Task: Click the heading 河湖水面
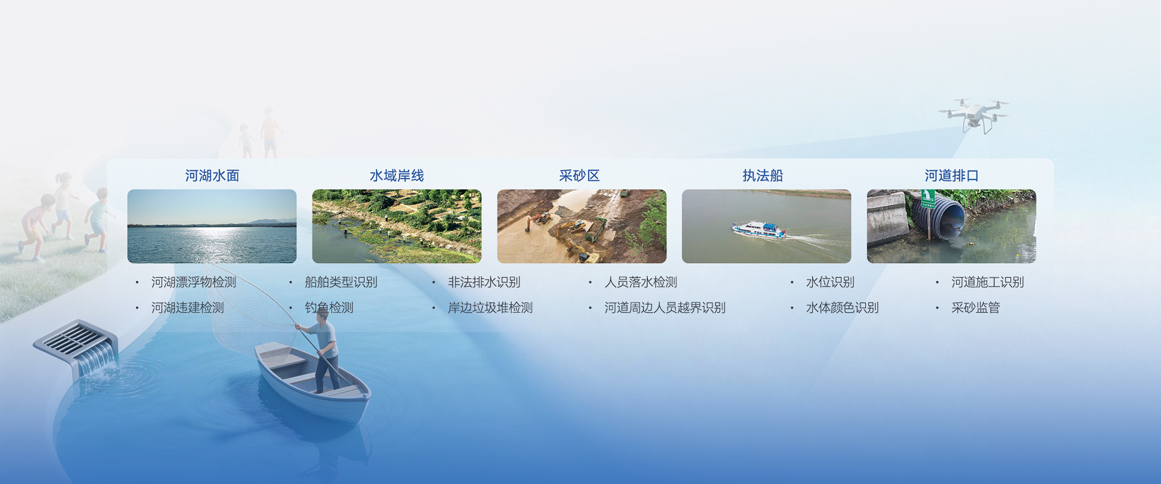tap(212, 175)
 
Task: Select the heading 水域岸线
tap(397, 175)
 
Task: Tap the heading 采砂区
tap(579, 175)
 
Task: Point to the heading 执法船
tap(763, 175)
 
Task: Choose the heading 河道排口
tap(951, 175)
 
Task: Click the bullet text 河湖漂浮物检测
tap(193, 282)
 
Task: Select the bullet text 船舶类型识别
tap(341, 282)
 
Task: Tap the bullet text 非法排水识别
tap(484, 282)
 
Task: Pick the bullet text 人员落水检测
tap(641, 282)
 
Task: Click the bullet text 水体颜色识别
tap(842, 307)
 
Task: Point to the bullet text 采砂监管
tap(975, 307)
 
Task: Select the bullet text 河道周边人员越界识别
tap(665, 307)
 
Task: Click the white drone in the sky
tap(973, 115)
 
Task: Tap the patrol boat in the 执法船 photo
tap(759, 229)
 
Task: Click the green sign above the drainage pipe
tap(928, 198)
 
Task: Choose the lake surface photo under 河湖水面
tap(212, 226)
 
